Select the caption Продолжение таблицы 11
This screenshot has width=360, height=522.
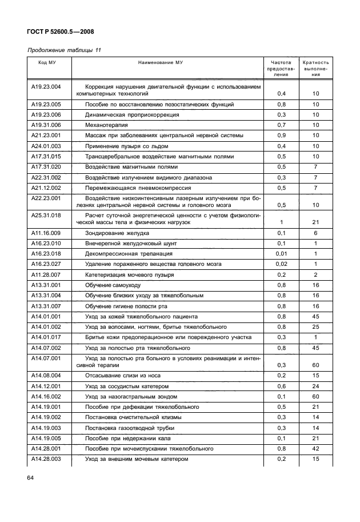pos(65,50)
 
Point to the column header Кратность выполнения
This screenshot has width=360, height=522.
pos(315,67)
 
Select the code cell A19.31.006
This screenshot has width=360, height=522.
pos(46,124)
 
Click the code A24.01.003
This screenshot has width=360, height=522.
pos(46,146)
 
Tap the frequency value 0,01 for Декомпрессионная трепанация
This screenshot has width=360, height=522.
pos(281,253)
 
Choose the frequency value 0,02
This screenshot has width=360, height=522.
pos(281,264)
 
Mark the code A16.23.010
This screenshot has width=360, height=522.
pos(46,243)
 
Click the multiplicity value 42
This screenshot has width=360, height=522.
pos(315,449)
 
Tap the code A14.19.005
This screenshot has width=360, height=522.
pos(46,439)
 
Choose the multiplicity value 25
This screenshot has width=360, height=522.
pos(315,326)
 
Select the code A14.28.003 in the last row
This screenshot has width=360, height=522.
pos(46,459)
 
